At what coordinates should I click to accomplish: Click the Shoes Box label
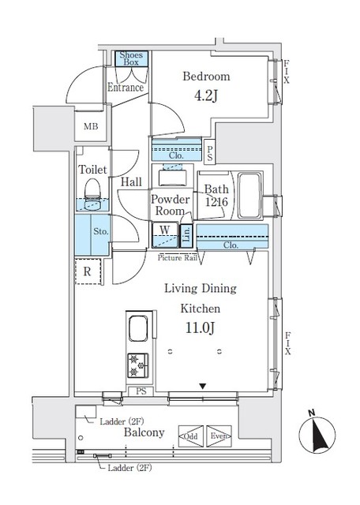(131, 59)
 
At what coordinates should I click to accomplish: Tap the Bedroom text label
(206, 77)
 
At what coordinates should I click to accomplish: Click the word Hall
(131, 182)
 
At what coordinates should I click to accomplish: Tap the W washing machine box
(164, 231)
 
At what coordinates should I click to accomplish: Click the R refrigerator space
(88, 270)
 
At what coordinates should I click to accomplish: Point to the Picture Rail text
(178, 257)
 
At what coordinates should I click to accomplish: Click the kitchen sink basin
(137, 330)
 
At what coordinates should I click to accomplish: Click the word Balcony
(143, 432)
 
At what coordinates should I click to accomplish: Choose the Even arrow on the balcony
(218, 435)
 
